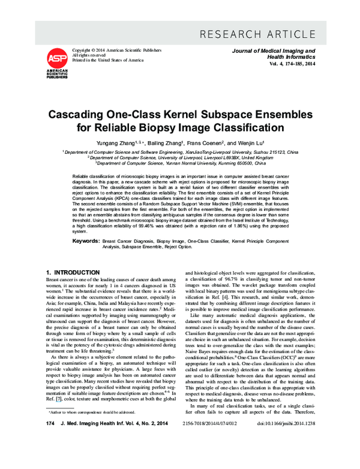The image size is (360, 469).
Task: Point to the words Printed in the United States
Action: [x=107, y=60]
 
